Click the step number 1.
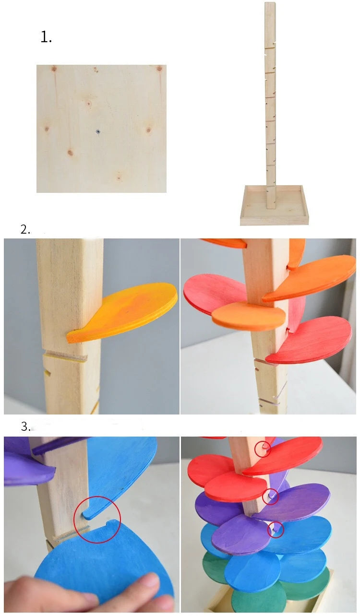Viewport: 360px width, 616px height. pyautogui.click(x=46, y=37)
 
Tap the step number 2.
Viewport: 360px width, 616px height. pyautogui.click(x=25, y=229)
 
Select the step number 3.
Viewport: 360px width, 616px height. pyautogui.click(x=25, y=426)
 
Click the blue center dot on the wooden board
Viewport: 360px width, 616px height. pyautogui.click(x=98, y=132)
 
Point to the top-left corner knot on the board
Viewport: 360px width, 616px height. pyautogui.click(x=54, y=68)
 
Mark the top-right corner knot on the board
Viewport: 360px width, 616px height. pyautogui.click(x=159, y=68)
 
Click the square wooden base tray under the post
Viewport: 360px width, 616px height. pyautogui.click(x=275, y=205)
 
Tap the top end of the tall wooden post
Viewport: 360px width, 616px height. pyautogui.click(x=270, y=3)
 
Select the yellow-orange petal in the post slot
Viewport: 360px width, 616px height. pyautogui.click(x=122, y=312)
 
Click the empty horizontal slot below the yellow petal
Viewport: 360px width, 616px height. pyautogui.click(x=65, y=357)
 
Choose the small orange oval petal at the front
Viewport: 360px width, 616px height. pyautogui.click(x=249, y=315)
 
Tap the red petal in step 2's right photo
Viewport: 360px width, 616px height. pyautogui.click(x=308, y=340)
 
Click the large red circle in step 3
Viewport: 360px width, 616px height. pyautogui.click(x=97, y=520)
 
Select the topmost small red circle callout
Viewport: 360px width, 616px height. pyautogui.click(x=263, y=449)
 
